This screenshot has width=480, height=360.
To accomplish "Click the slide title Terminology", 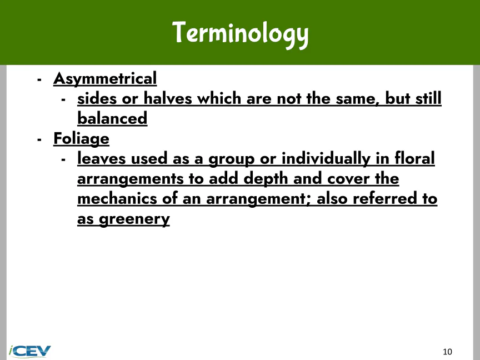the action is tap(241, 34).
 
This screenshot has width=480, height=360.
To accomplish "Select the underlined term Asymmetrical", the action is tap(105, 79).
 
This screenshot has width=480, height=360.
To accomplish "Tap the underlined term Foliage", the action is tap(82, 139).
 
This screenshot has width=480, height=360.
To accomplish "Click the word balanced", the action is tap(112, 118).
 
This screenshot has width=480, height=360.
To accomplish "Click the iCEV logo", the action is tap(29, 351).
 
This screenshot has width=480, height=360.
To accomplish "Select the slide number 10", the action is tap(447, 352).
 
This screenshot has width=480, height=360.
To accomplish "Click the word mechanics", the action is tap(117, 198).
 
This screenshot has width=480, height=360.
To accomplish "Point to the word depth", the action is tap(266, 179).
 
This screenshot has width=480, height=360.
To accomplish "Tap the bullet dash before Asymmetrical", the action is tap(39, 80).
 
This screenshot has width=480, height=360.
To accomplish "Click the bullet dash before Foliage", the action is tap(39, 140).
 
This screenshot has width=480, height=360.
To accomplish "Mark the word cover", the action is tap(348, 179).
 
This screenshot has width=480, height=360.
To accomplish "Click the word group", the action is tap(232, 159).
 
